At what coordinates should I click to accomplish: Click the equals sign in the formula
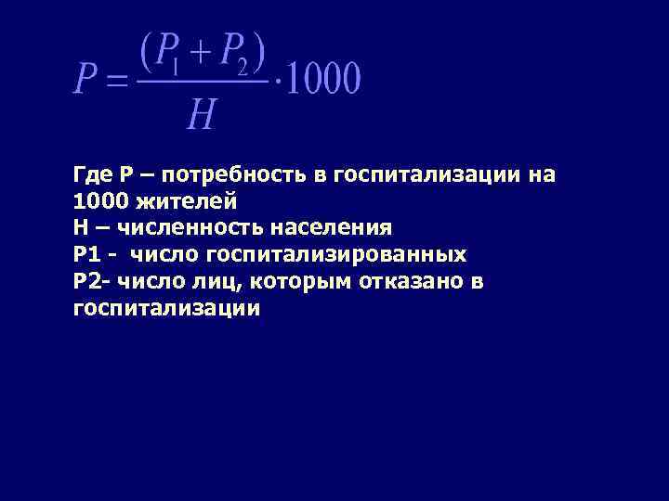coord(111,81)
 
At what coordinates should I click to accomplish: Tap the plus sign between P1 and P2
coord(199,50)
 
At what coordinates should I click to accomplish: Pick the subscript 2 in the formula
coord(242,67)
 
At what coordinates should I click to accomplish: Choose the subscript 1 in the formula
coord(175,67)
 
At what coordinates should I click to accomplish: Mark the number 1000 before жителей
coord(97,200)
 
